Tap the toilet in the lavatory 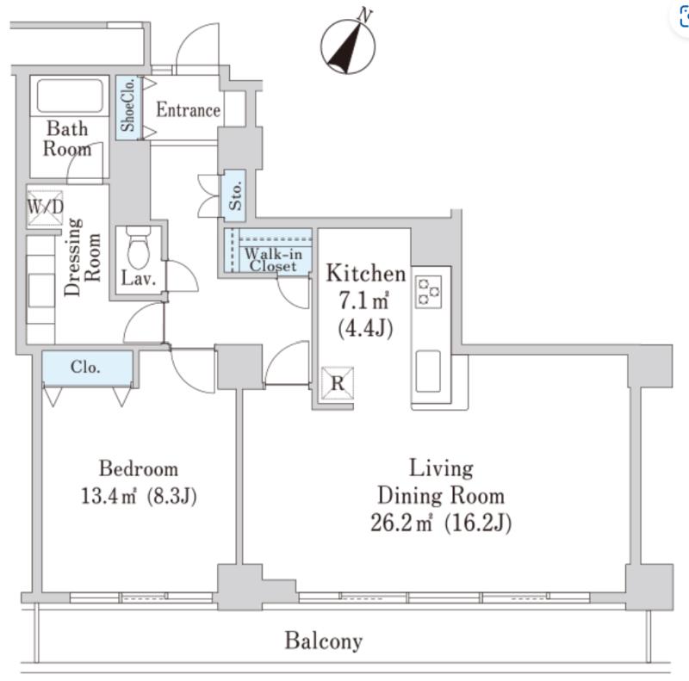click(x=139, y=247)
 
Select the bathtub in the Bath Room click(x=70, y=96)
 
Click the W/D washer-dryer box click(x=46, y=207)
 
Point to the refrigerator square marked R click(x=338, y=384)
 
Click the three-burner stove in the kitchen click(x=428, y=291)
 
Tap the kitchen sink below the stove click(x=428, y=371)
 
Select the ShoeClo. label click(x=128, y=105)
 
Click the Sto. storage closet click(x=233, y=196)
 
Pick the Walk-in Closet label click(x=273, y=260)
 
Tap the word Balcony click(x=324, y=641)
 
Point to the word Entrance click(x=189, y=110)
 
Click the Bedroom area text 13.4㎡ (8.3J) click(x=139, y=497)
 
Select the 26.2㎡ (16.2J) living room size click(x=441, y=523)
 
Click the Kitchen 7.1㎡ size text click(x=363, y=301)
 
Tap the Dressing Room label click(x=82, y=257)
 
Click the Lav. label click(x=139, y=279)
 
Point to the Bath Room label click(x=67, y=139)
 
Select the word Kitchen click(x=366, y=273)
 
